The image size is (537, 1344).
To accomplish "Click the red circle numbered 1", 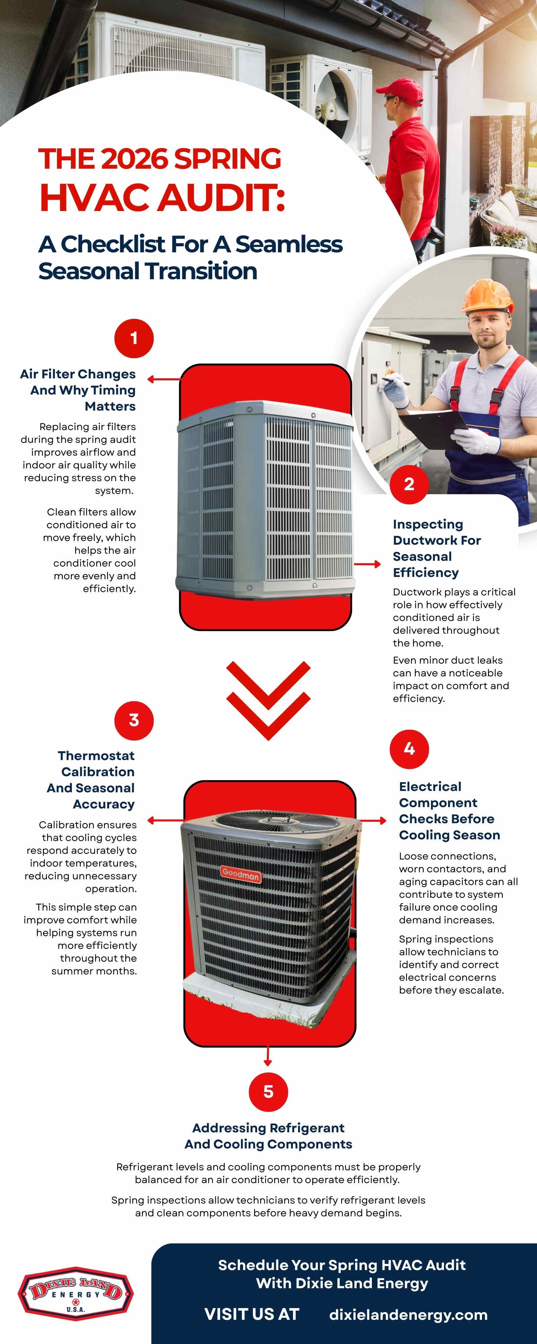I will click(134, 338).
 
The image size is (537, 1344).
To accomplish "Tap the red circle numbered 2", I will click(409, 484).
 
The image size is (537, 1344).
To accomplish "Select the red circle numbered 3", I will click(134, 720).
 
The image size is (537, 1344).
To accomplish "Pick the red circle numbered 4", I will click(409, 749).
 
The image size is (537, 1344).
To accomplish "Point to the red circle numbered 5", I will click(268, 1091).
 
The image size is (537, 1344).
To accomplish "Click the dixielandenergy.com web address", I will click(408, 1314).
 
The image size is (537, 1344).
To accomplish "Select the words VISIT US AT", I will click(252, 1314).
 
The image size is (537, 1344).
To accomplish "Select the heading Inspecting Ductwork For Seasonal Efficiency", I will click(436, 548).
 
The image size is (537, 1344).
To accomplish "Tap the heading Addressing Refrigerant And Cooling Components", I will click(268, 1136).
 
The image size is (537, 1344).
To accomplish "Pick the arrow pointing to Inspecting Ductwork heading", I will click(367, 564).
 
